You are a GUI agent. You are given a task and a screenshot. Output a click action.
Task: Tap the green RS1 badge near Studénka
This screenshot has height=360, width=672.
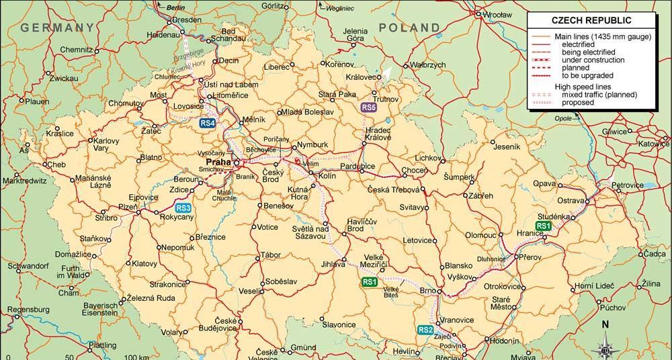pos(543,226)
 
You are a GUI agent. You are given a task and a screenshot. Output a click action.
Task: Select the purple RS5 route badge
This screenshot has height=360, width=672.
pos(368,107)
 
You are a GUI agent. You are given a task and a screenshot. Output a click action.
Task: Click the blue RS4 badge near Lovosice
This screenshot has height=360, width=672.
pos(208,123)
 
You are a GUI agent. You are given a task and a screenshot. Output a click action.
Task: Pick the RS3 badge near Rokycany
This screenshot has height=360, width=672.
pos(184,208)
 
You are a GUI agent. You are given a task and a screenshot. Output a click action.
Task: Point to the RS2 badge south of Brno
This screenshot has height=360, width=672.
pos(425,330)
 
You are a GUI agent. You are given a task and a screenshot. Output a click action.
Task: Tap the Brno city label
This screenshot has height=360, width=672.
pos(426,291)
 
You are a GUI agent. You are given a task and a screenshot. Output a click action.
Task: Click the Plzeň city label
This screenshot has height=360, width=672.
pos(128,208)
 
